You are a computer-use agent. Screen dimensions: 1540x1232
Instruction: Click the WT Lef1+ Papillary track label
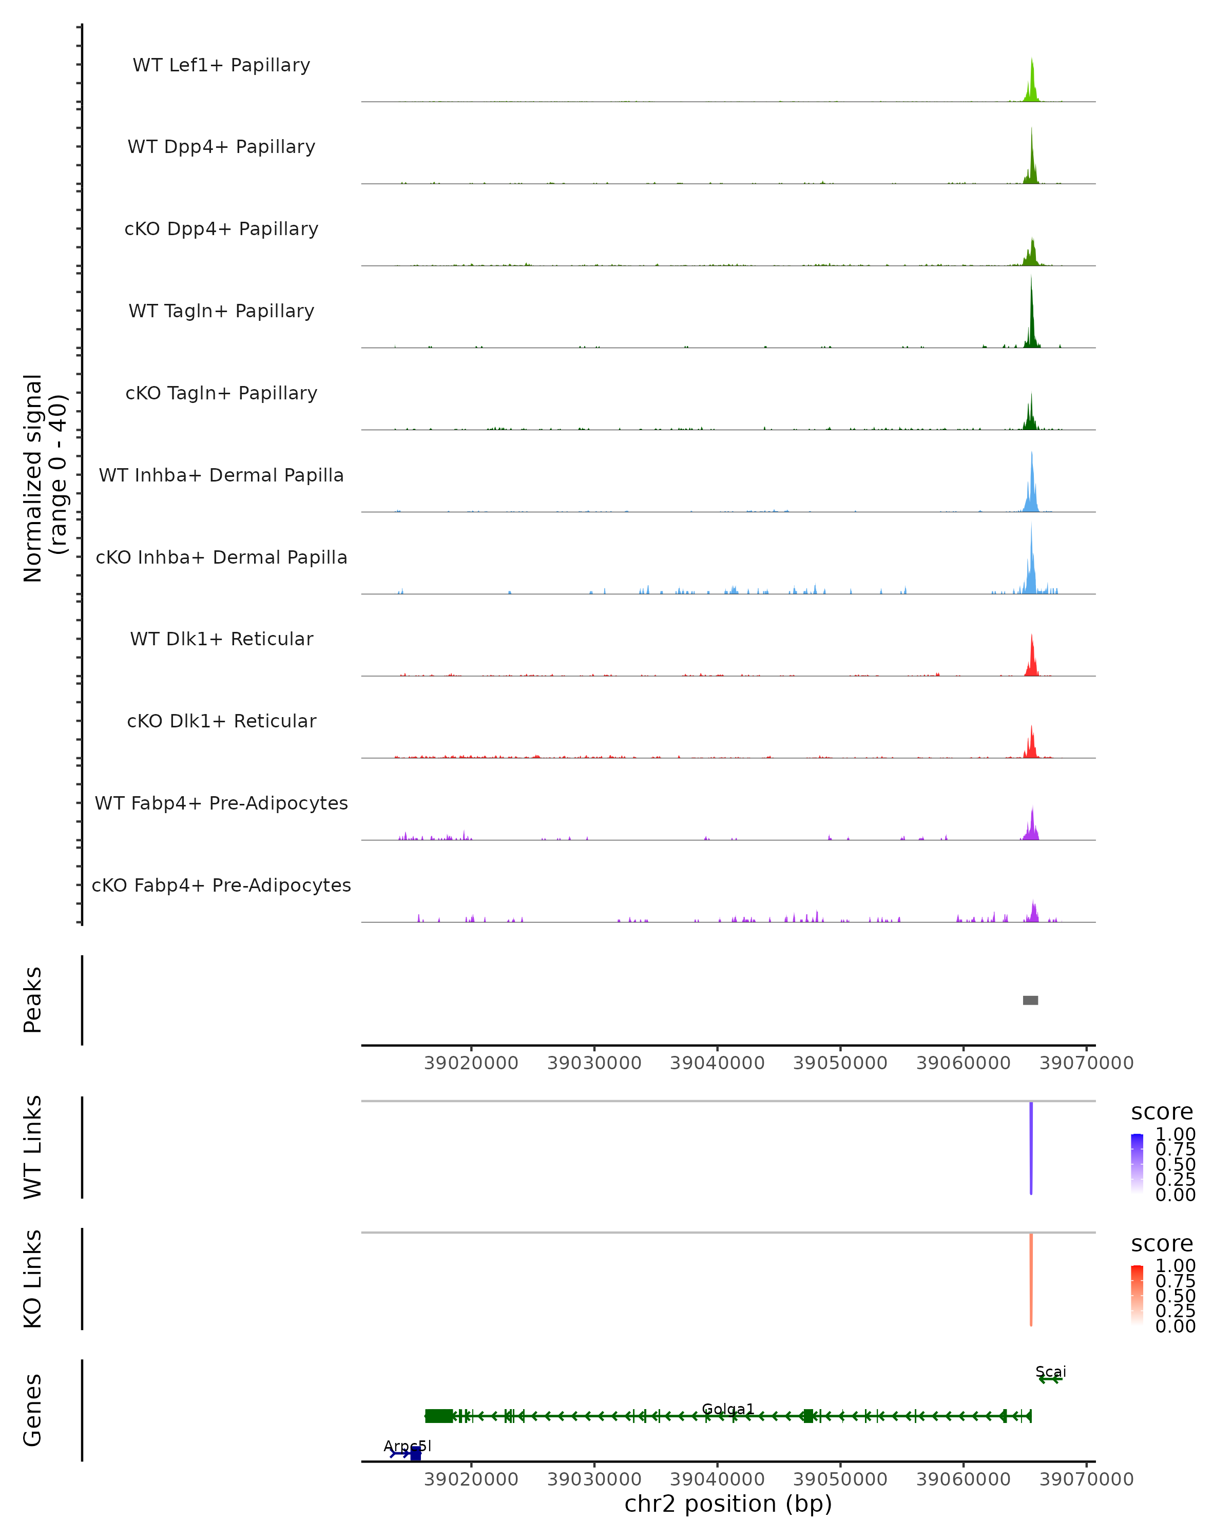tap(221, 65)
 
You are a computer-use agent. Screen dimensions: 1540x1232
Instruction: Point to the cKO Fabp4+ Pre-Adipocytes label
tap(221, 885)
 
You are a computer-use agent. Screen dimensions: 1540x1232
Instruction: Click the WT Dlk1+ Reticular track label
tap(221, 639)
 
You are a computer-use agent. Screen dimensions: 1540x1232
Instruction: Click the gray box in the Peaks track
tap(1031, 1000)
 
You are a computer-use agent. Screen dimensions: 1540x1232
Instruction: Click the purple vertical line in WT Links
tap(1031, 1148)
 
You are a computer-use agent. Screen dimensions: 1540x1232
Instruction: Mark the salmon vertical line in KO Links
tap(1031, 1279)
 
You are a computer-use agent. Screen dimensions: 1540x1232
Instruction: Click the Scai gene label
tap(1051, 1372)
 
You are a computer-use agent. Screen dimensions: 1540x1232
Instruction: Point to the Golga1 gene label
tap(728, 1409)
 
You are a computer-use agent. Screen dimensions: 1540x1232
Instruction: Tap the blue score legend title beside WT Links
tap(1162, 1111)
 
